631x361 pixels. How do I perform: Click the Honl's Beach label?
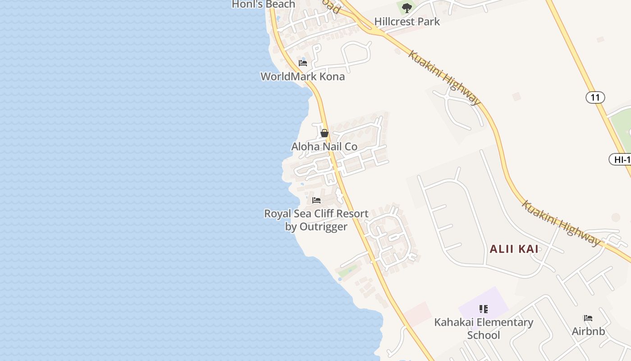[263, 5]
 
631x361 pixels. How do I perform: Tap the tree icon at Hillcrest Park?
[407, 8]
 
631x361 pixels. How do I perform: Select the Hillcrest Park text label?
[407, 21]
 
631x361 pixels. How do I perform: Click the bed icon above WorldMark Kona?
[303, 63]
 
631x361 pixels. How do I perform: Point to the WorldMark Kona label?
[302, 76]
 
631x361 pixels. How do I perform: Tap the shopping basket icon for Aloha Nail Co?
[324, 133]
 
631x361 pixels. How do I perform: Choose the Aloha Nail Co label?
[324, 147]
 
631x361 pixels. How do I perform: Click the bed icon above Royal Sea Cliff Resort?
[316, 200]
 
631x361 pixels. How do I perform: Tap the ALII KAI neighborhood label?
[514, 249]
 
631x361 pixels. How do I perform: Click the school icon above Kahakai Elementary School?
[484, 309]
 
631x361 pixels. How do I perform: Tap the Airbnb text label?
[588, 331]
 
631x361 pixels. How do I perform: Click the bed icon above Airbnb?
[588, 318]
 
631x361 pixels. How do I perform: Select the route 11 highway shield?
[595, 97]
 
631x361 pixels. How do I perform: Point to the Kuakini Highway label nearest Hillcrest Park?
[444, 78]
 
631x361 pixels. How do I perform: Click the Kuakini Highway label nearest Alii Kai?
[561, 223]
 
